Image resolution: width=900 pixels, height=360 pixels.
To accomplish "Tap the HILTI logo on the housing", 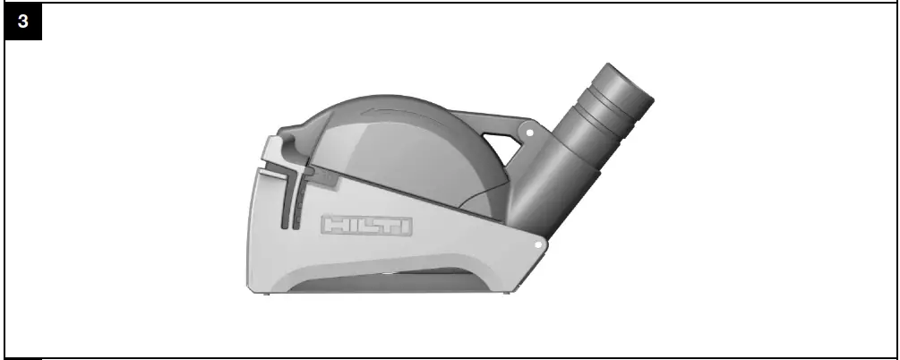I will (x=367, y=226).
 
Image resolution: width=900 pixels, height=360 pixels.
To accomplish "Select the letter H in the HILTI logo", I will (x=336, y=226).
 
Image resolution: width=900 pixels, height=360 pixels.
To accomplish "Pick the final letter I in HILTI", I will (x=406, y=226).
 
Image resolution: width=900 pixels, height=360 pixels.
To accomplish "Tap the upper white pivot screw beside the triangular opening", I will (x=530, y=133).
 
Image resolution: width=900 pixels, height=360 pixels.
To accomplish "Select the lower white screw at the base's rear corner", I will (x=538, y=243).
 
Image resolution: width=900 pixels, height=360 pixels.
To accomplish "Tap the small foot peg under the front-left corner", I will (x=252, y=287).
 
